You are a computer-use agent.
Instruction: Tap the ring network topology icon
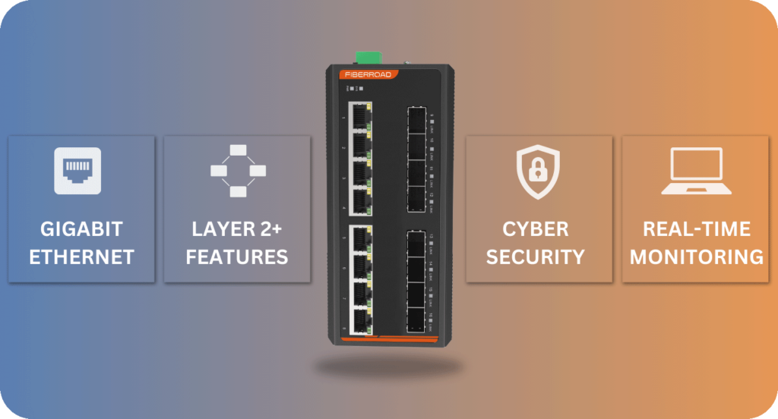pyautogui.click(x=238, y=170)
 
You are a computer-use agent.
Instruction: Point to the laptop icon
pyautogui.click(x=695, y=171)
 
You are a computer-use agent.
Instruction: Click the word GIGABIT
pyautogui.click(x=81, y=229)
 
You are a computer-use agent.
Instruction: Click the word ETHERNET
pyautogui.click(x=81, y=257)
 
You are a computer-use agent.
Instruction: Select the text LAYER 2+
pyautogui.click(x=237, y=229)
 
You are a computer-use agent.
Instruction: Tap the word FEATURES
pyautogui.click(x=237, y=257)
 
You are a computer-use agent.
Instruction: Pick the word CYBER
pyautogui.click(x=536, y=229)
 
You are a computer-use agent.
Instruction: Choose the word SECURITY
pyautogui.click(x=536, y=257)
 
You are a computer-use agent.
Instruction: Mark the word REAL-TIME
pyautogui.click(x=697, y=229)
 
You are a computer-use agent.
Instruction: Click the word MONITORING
pyautogui.click(x=697, y=257)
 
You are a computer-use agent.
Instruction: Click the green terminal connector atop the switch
pyautogui.click(x=367, y=58)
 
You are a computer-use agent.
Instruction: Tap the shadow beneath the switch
pyautogui.click(x=388, y=367)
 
